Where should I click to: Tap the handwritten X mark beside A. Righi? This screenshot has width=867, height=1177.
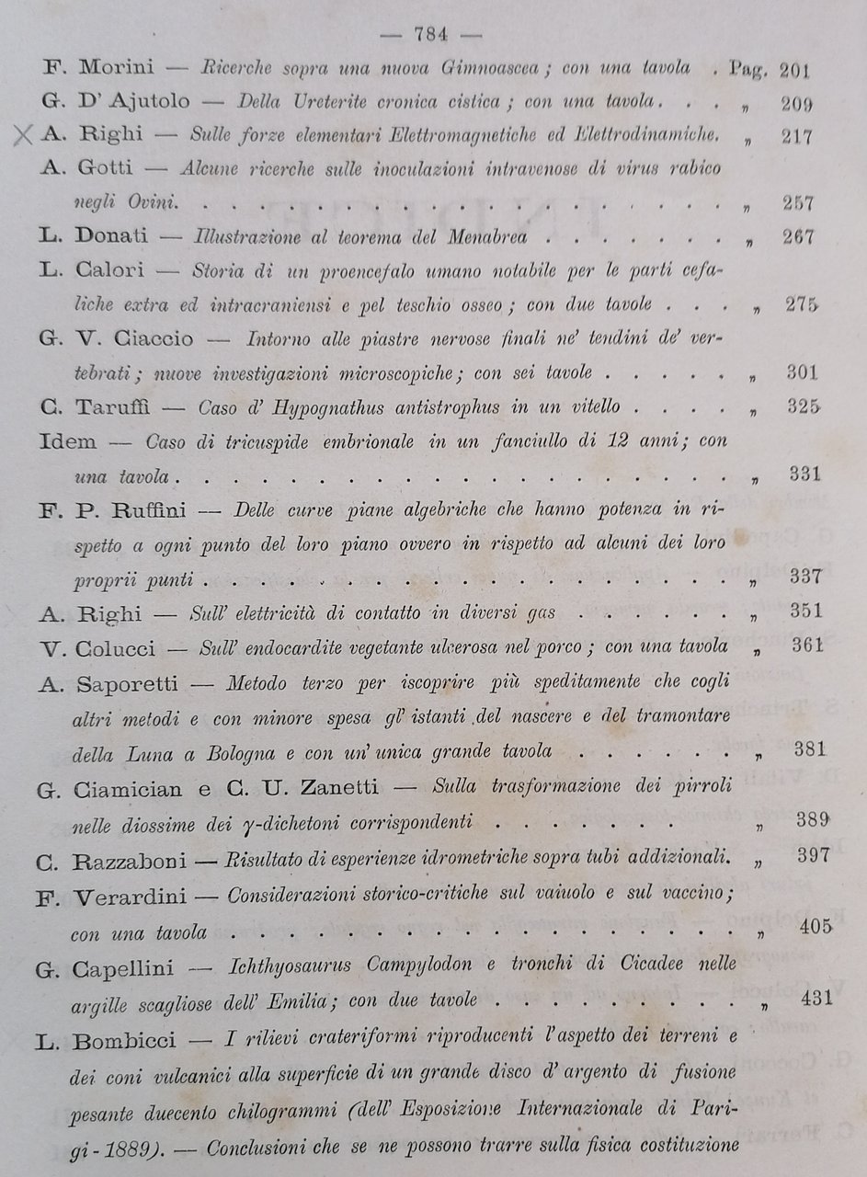click(x=24, y=137)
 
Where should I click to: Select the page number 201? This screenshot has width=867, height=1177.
click(x=794, y=69)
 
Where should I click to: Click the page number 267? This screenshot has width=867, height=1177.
click(x=796, y=236)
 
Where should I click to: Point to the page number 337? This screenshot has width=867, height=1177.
click(x=805, y=577)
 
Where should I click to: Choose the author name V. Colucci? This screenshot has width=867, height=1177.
click(x=108, y=646)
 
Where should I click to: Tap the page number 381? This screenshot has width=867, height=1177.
click(x=809, y=748)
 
